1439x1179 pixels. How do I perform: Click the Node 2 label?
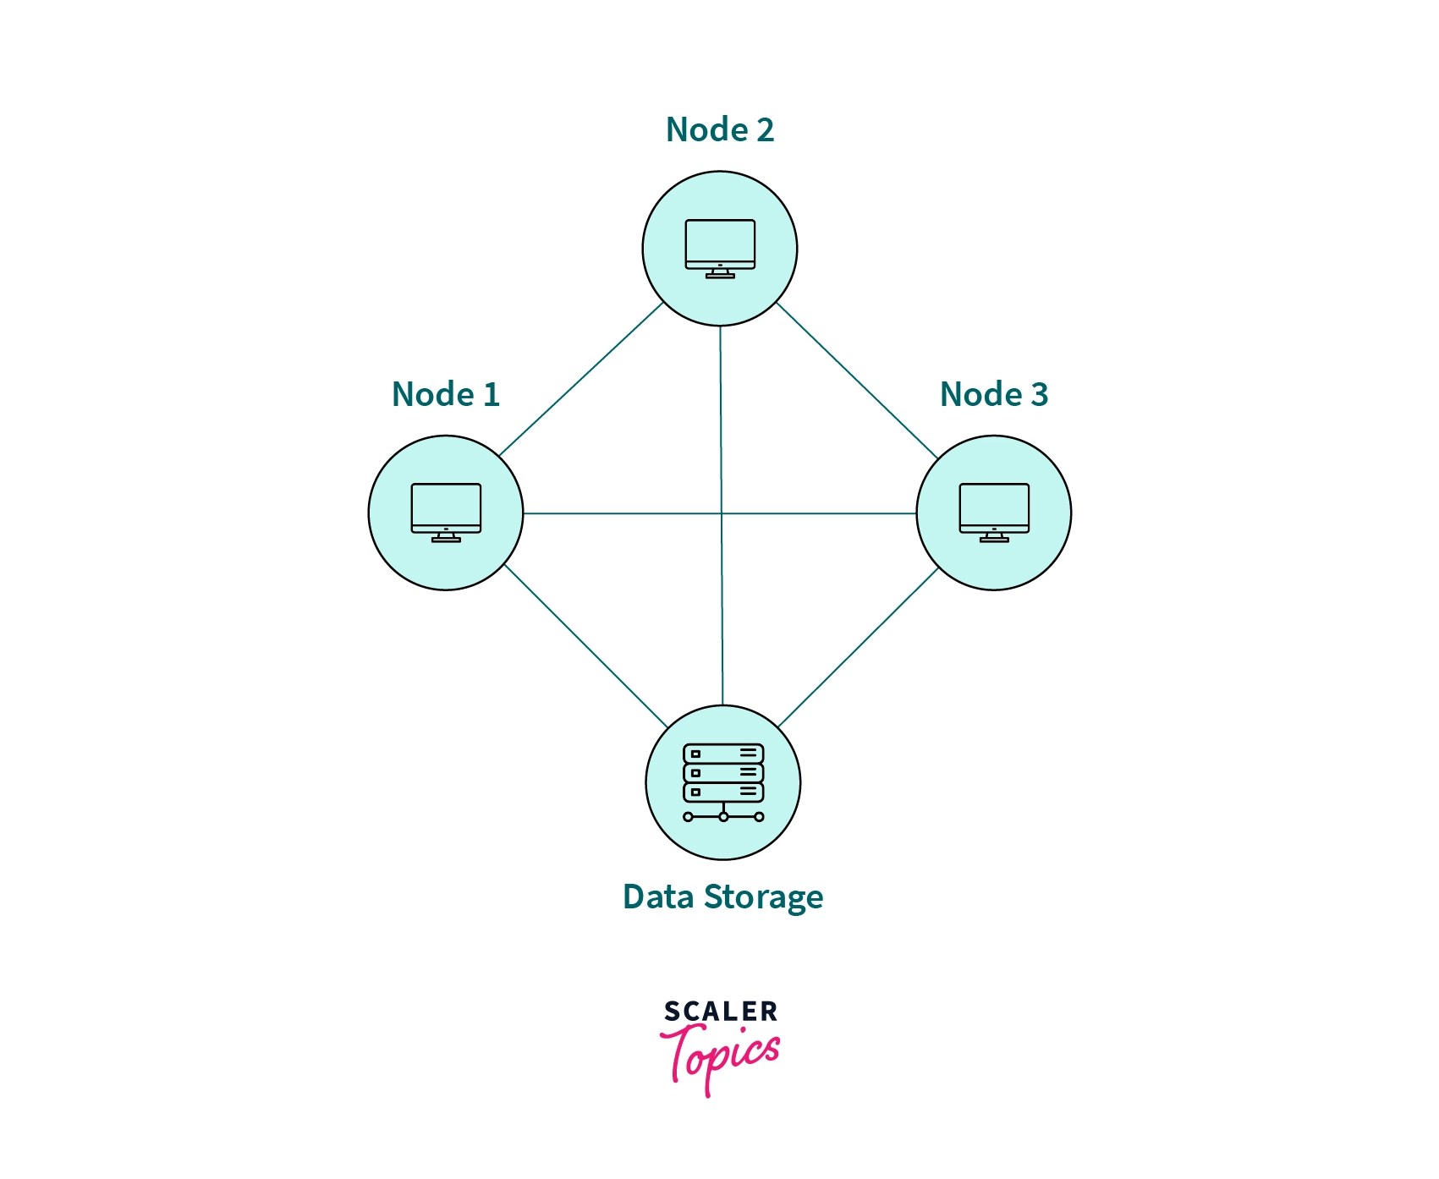coord(719,130)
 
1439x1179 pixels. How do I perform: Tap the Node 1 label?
coord(445,395)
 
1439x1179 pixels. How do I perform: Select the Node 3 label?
coord(993,395)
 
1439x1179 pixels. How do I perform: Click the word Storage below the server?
coord(763,897)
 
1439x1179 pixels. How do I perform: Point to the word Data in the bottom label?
coord(657,897)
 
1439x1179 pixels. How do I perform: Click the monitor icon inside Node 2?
coord(720,245)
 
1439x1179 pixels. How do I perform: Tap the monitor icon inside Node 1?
coord(446,509)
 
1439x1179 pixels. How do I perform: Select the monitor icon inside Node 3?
coord(994,509)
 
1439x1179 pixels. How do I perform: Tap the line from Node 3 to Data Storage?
coord(859,647)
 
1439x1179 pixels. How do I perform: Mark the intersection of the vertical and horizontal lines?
coord(722,513)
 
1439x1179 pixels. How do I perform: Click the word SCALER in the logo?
coord(720,1012)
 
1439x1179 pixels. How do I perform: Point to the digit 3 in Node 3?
coord(1039,395)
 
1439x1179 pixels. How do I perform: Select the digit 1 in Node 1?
coord(492,395)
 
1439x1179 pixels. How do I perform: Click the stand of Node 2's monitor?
coord(720,273)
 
